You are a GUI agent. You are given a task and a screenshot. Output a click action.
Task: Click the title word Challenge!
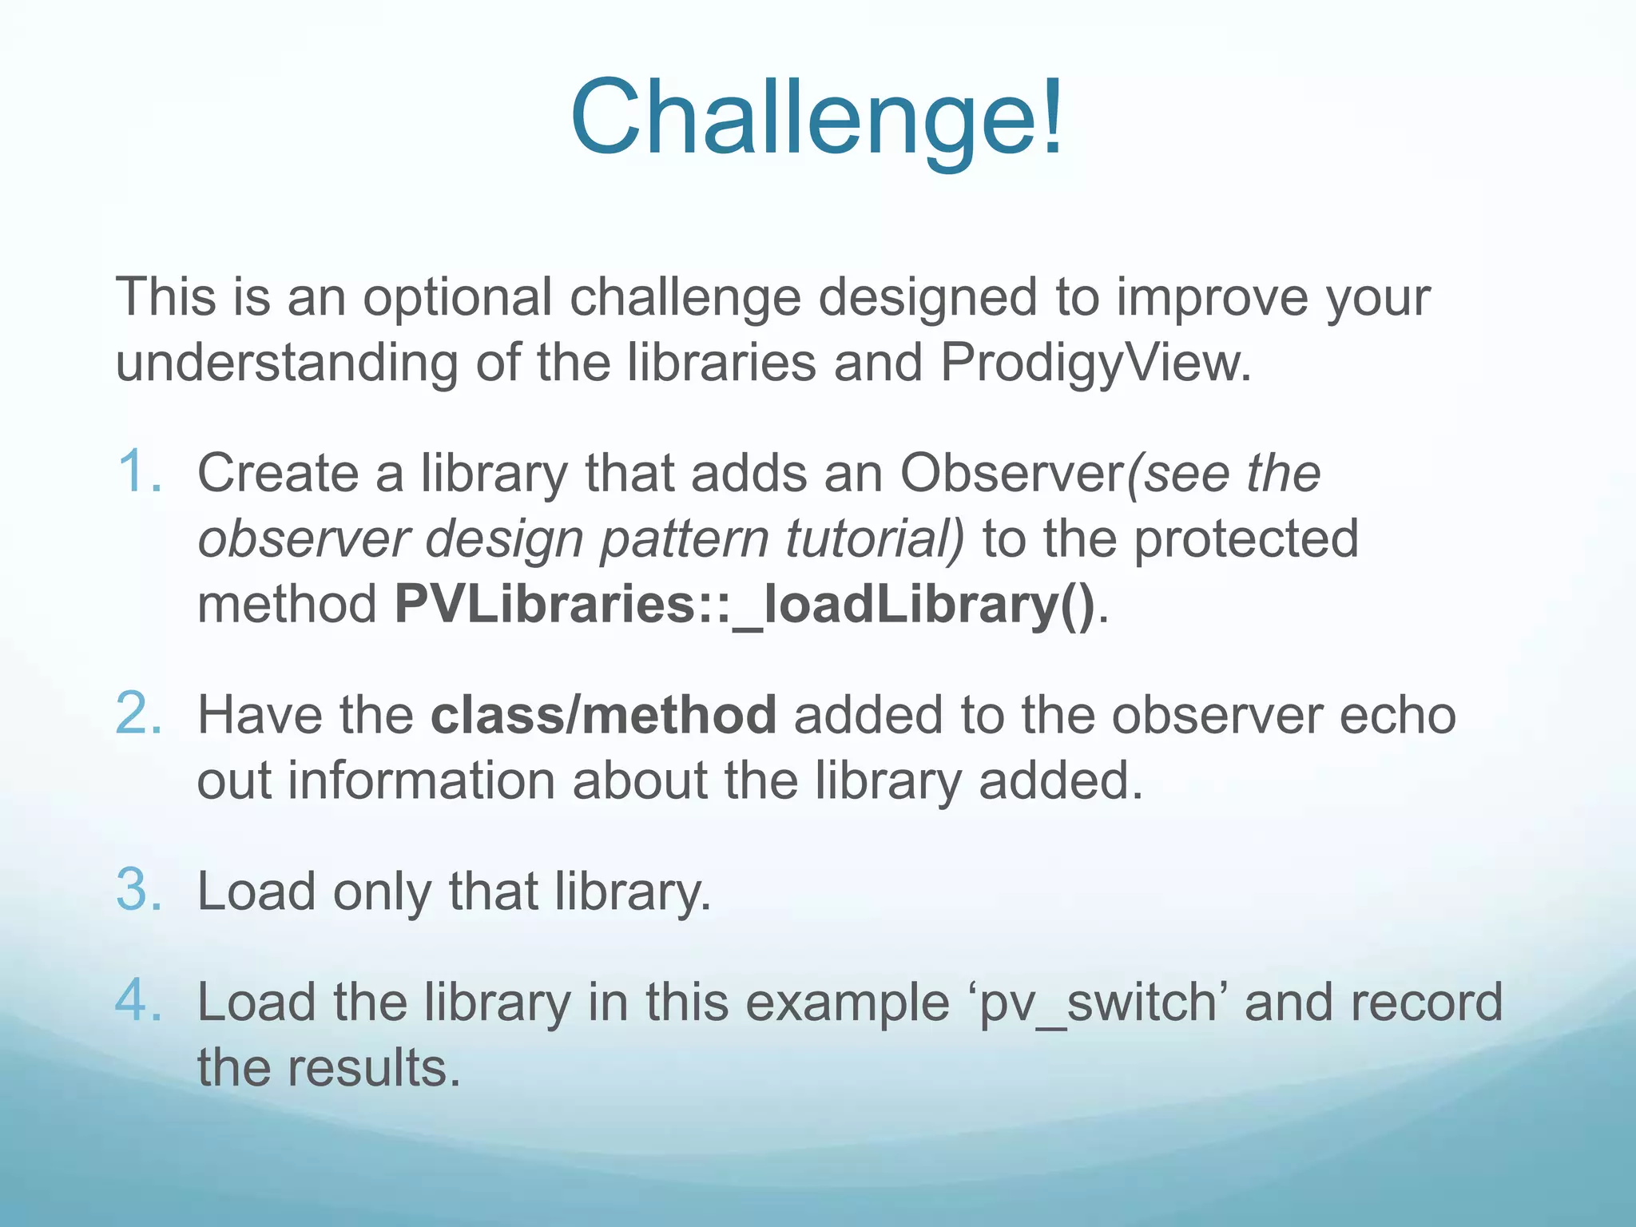point(817,118)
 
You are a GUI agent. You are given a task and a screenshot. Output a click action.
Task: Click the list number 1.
point(139,472)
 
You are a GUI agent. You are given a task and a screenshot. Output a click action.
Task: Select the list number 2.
point(139,713)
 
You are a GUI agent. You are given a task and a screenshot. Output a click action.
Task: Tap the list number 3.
point(139,890)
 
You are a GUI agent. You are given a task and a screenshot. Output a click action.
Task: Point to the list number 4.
point(139,1001)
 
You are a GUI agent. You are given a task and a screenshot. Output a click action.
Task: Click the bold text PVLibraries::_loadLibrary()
point(745,605)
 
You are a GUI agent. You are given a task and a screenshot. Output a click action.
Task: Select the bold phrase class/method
point(603,714)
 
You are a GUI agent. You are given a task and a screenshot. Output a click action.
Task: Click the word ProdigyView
point(1095,363)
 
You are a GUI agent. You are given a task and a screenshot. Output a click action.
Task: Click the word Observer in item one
point(1011,474)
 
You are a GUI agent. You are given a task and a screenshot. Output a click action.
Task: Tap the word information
point(421,780)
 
